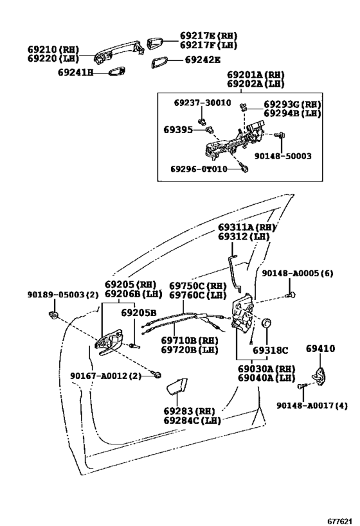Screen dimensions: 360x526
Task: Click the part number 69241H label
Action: point(75,72)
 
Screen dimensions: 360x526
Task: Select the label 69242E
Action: point(203,60)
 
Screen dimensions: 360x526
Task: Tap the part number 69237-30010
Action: point(203,103)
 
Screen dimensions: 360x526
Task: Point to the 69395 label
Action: point(178,130)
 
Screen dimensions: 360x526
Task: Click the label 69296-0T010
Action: point(199,169)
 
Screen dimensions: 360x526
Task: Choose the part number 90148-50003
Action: point(283,156)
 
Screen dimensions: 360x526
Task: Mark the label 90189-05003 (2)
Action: point(63,295)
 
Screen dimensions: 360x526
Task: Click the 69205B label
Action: point(139,313)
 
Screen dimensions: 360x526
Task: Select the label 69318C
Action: point(271,350)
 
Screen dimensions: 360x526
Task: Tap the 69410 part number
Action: point(320,349)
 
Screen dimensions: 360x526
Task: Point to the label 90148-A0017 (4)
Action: point(312,405)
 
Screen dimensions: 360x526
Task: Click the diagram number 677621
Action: point(340,521)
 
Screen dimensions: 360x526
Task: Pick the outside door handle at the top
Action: point(119,51)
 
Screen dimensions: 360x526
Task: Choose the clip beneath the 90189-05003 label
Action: point(53,315)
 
